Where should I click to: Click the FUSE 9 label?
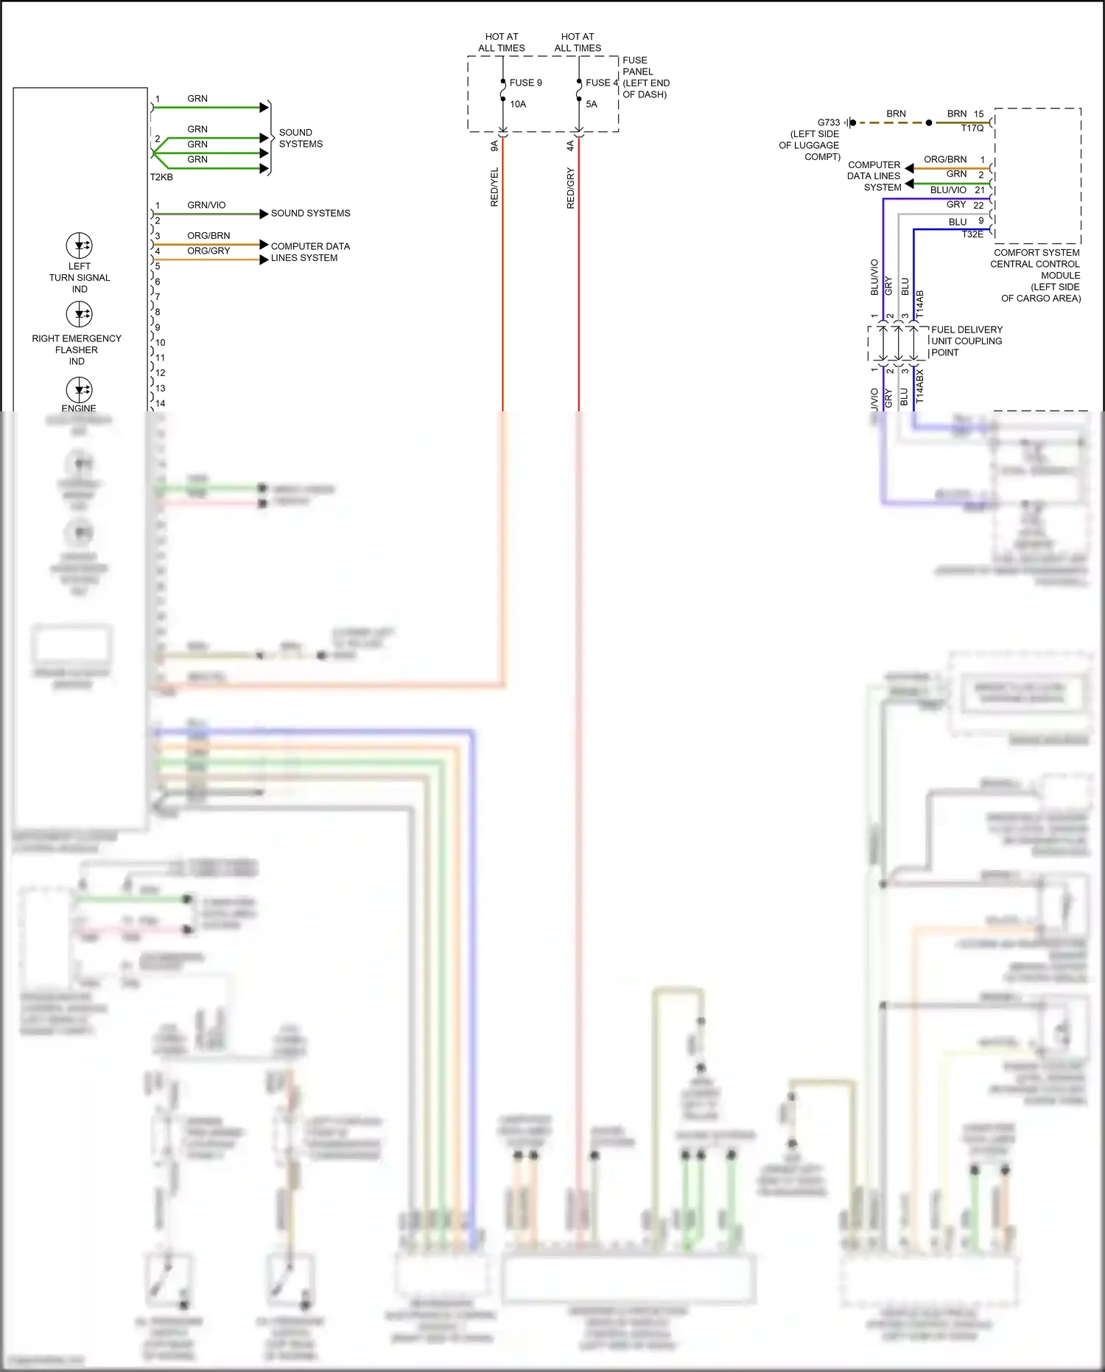[x=525, y=83]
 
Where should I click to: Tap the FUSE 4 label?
[x=601, y=83]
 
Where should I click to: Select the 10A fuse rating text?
[x=518, y=104]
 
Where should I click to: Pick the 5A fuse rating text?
[x=592, y=104]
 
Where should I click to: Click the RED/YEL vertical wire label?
[x=494, y=187]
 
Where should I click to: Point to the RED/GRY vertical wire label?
[x=570, y=188]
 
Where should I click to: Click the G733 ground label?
[x=828, y=122]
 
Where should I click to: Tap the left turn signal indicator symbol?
[x=79, y=246]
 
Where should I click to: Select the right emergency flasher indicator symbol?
[x=79, y=315]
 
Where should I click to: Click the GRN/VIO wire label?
[x=206, y=205]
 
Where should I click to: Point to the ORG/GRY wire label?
[x=208, y=251]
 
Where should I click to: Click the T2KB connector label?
[x=161, y=177]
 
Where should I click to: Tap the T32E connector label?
[x=972, y=234]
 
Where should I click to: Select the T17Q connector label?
[x=972, y=128]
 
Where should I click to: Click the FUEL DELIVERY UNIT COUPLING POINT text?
[x=966, y=341]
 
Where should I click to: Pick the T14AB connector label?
[x=919, y=304]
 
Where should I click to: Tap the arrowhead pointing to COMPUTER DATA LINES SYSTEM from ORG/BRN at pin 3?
[x=264, y=244]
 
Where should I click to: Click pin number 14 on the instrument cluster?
[x=161, y=403]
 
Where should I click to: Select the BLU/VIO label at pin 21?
[x=948, y=189]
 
